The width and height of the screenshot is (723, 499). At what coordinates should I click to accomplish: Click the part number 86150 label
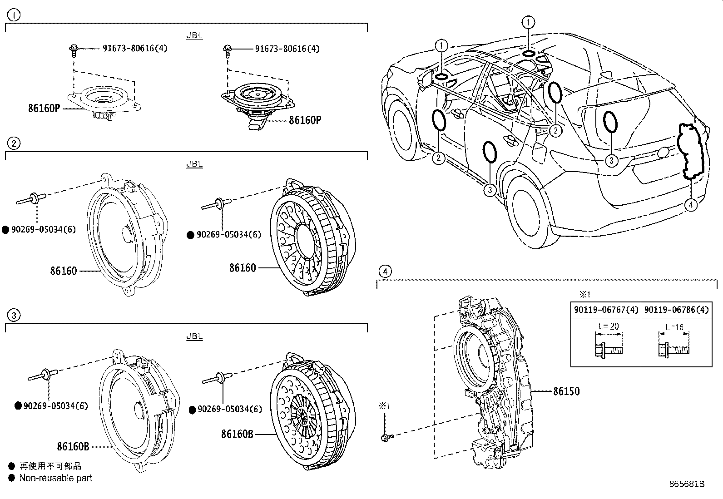point(566,391)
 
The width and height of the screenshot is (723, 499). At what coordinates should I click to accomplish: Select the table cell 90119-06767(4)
point(606,310)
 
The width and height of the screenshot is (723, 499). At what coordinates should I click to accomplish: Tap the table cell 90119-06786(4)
point(676,310)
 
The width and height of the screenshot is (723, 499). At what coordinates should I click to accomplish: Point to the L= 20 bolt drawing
point(608,349)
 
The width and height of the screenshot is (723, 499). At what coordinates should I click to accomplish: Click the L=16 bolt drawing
point(673,349)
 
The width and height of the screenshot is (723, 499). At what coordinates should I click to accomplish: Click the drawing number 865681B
point(686,484)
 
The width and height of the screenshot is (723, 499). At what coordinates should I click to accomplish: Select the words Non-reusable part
point(55,478)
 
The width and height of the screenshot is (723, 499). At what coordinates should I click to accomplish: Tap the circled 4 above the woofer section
point(385,272)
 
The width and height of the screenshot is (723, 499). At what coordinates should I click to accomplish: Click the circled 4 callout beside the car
point(690,205)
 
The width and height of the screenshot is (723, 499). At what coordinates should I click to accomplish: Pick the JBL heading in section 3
point(194,336)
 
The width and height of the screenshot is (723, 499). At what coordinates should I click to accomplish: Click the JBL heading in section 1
point(194,36)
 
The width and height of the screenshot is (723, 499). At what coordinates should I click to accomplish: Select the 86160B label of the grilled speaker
point(237,434)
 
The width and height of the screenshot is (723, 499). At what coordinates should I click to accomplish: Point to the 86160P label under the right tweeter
point(305,120)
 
